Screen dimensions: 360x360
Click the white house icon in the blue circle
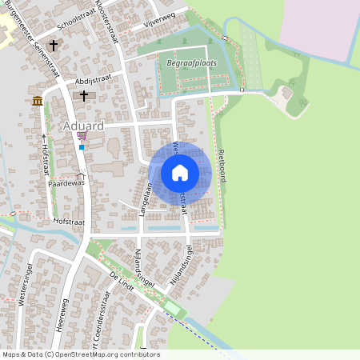[180, 172]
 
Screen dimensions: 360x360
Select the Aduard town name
[82, 127]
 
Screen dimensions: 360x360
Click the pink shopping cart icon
[82, 136]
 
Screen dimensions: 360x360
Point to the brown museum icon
[38, 101]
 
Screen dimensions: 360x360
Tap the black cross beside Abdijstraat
[83, 96]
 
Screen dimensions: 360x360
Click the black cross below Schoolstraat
[54, 46]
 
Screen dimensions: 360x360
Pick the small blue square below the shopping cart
[82, 147]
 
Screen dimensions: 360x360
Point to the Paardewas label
[66, 183]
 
